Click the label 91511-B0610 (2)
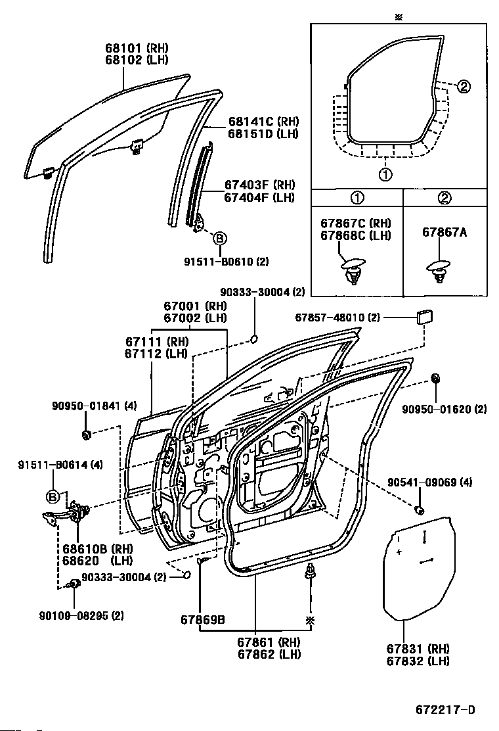227,262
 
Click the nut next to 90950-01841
87,435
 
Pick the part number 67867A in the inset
444,233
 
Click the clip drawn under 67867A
438,270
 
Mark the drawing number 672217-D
444,710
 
